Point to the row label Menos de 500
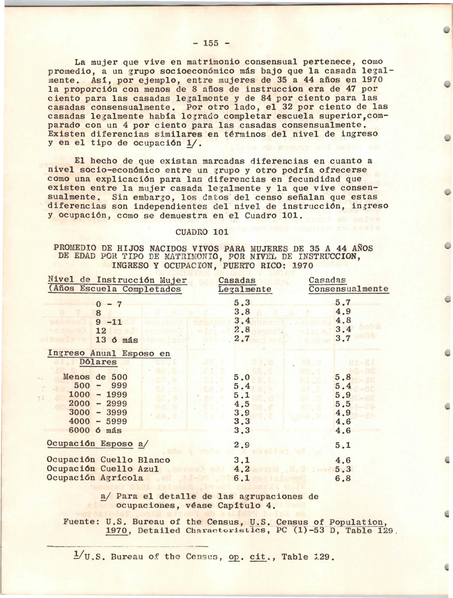95,377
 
